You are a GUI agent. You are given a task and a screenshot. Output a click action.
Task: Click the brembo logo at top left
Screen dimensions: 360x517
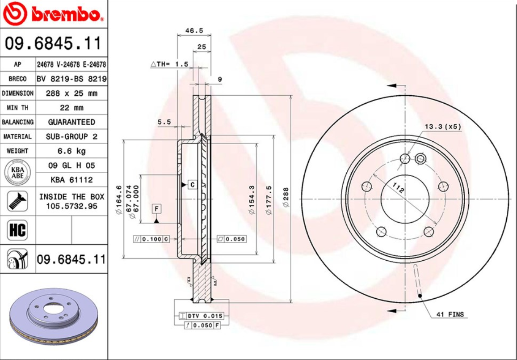54,15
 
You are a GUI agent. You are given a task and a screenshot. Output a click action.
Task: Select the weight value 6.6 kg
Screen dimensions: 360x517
71,151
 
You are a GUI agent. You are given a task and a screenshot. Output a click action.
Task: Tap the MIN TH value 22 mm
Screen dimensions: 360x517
71,108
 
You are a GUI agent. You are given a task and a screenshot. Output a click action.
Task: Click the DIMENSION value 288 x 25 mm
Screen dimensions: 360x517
71,93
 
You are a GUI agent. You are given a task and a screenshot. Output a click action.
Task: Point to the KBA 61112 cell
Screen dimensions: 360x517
71,180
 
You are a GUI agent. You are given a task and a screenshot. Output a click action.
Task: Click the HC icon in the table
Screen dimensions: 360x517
17,230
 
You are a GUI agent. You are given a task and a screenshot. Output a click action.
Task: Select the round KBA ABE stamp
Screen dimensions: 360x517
17,172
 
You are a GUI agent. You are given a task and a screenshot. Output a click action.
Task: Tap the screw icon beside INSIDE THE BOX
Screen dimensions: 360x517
17,201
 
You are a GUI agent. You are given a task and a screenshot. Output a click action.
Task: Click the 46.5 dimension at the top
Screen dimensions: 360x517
194,31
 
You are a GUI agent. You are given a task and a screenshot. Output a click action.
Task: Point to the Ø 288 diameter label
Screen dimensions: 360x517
286,197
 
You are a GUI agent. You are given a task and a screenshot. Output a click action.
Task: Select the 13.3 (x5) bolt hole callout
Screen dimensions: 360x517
442,127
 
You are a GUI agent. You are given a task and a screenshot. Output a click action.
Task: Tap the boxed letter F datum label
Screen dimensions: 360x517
157,209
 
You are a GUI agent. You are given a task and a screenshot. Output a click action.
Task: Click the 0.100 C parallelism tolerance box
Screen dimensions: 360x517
151,239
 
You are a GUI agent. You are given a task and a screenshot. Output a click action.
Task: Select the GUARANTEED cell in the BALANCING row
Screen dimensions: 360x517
71,122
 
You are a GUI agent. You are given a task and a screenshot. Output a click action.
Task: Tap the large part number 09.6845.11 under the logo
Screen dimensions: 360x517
54,44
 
